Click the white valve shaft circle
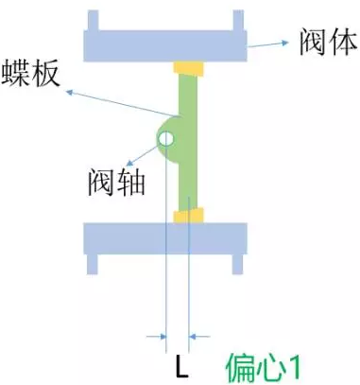[165, 140]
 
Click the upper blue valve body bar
[166, 44]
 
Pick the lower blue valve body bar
[166, 237]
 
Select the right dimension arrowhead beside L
[200, 335]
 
